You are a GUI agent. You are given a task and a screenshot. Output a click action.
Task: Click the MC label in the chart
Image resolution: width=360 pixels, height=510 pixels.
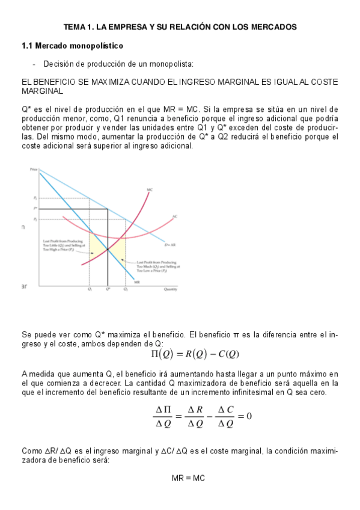[149, 190]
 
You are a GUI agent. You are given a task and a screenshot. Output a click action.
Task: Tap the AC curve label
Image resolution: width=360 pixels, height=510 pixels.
[174, 217]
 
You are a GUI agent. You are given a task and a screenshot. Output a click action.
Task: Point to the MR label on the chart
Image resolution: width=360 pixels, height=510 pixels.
[137, 281]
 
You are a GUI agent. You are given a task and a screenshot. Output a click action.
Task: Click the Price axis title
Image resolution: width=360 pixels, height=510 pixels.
[34, 170]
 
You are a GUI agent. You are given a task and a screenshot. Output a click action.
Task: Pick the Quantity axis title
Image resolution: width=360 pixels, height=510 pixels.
[171, 290]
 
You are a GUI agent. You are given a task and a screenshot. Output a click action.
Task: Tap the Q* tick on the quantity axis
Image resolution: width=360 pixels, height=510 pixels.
[108, 290]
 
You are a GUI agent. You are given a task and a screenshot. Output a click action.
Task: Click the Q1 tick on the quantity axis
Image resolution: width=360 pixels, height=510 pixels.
[90, 290]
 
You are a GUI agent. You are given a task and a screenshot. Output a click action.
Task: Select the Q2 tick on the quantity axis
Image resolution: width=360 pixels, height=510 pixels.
[126, 290]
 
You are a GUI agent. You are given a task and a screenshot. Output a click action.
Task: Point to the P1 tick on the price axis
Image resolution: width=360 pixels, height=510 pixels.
[35, 197]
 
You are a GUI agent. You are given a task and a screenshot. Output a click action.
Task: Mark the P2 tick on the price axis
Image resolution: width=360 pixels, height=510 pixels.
[35, 219]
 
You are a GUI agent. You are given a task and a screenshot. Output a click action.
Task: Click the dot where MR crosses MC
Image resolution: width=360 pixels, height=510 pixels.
[108, 250]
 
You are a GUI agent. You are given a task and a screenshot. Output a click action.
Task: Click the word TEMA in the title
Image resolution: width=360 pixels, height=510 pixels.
[76, 27]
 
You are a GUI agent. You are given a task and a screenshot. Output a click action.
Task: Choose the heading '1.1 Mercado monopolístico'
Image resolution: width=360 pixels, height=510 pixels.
[72, 46]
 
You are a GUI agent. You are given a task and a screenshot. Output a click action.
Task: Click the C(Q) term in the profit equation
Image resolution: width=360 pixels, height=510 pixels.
[227, 354]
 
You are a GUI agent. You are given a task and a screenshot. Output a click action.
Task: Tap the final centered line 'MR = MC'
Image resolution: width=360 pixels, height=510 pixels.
[188, 478]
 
